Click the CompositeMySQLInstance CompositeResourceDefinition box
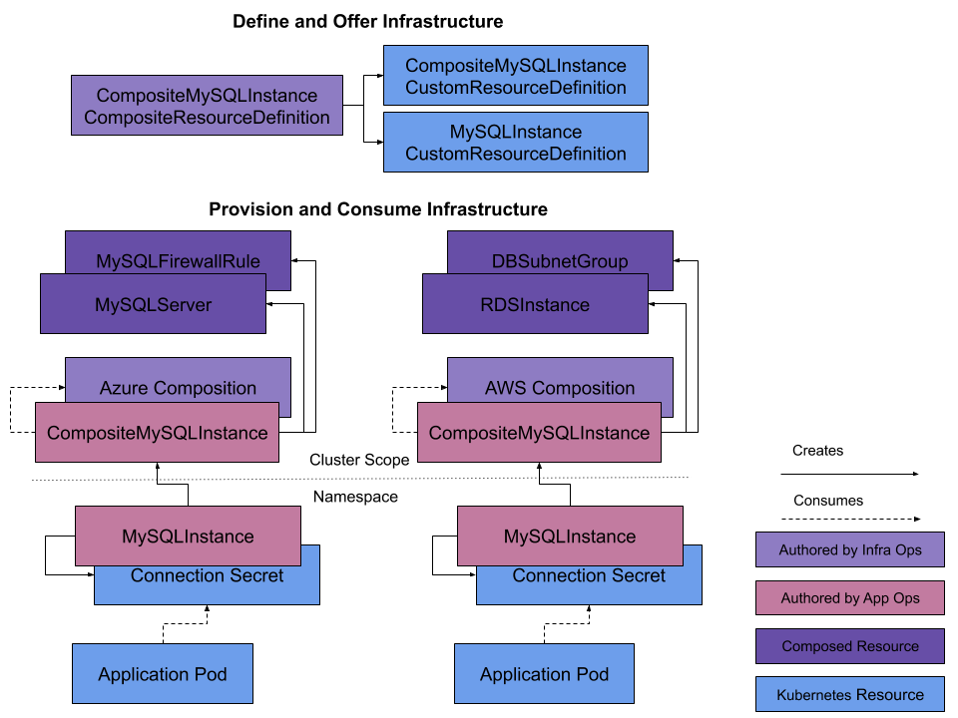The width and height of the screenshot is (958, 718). coord(207,106)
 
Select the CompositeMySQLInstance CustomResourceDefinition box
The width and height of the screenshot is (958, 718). coord(516,76)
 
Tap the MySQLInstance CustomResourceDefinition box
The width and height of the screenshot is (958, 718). coord(516,142)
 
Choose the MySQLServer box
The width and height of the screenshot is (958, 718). coord(153,304)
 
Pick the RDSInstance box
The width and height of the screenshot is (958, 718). coord(535,304)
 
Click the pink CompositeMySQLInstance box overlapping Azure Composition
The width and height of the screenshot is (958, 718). coord(157,433)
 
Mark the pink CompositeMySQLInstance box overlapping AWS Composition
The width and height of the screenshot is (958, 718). coord(539,433)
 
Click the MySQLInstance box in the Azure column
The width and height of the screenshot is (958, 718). coord(188,536)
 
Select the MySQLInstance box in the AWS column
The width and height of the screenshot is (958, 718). coord(570,536)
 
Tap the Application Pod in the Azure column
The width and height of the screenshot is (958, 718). coord(163,674)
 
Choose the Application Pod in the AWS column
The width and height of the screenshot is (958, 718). coord(545,674)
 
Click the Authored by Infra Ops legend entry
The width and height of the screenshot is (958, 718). coord(850,549)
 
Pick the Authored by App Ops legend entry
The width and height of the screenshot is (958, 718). coord(850,598)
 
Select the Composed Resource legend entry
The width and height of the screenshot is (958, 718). coord(850,646)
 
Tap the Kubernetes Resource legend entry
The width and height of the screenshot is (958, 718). coord(850,695)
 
